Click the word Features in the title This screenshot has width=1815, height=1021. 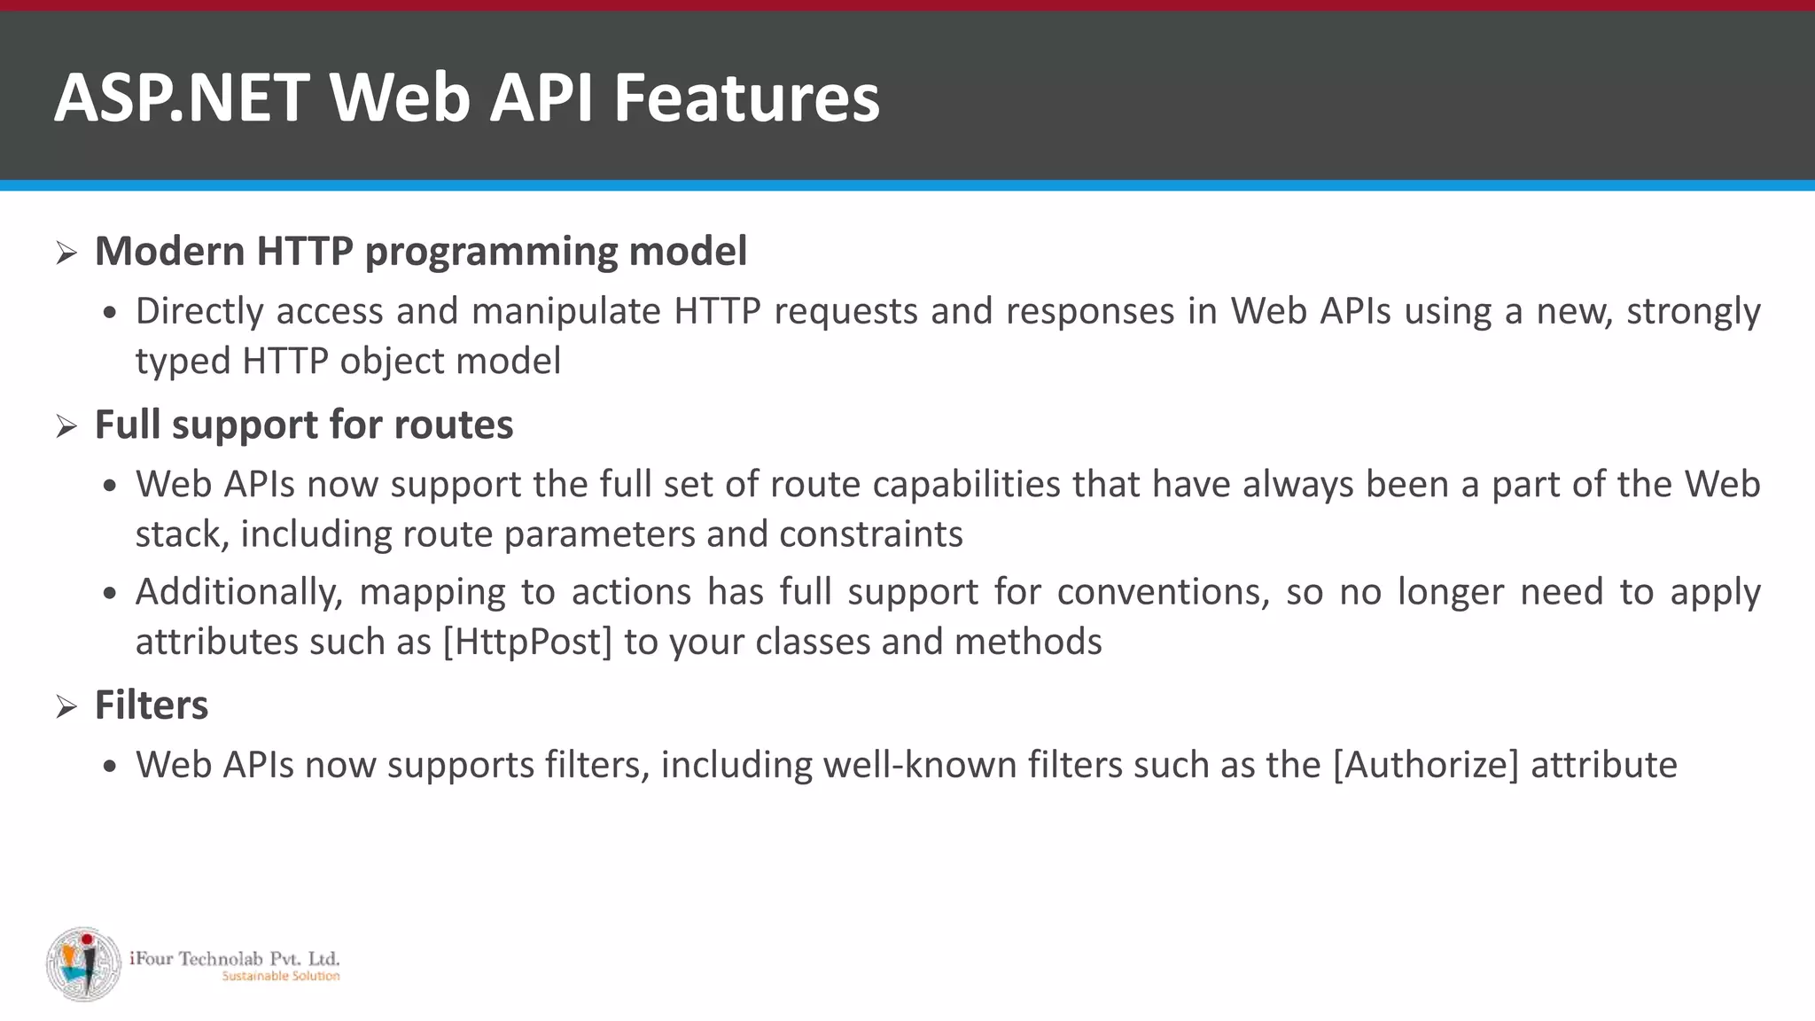tap(746, 97)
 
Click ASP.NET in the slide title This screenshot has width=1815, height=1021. tap(182, 97)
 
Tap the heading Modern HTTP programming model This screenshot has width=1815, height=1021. tap(421, 252)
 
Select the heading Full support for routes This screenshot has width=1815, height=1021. tap(304, 425)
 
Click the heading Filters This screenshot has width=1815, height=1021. tap(152, 705)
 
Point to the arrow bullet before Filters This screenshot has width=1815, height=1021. tap(66, 707)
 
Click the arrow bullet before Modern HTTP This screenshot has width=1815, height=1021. tap(66, 253)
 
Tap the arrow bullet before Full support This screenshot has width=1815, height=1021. tap(66, 427)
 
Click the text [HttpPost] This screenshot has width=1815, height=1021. tap(527, 642)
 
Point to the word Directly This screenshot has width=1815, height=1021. tap(199, 312)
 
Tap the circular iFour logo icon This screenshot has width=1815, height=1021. tap(83, 964)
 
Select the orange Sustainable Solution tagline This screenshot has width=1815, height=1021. tap(280, 977)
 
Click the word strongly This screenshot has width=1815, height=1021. tap(1693, 312)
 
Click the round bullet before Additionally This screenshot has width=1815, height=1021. tap(109, 593)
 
